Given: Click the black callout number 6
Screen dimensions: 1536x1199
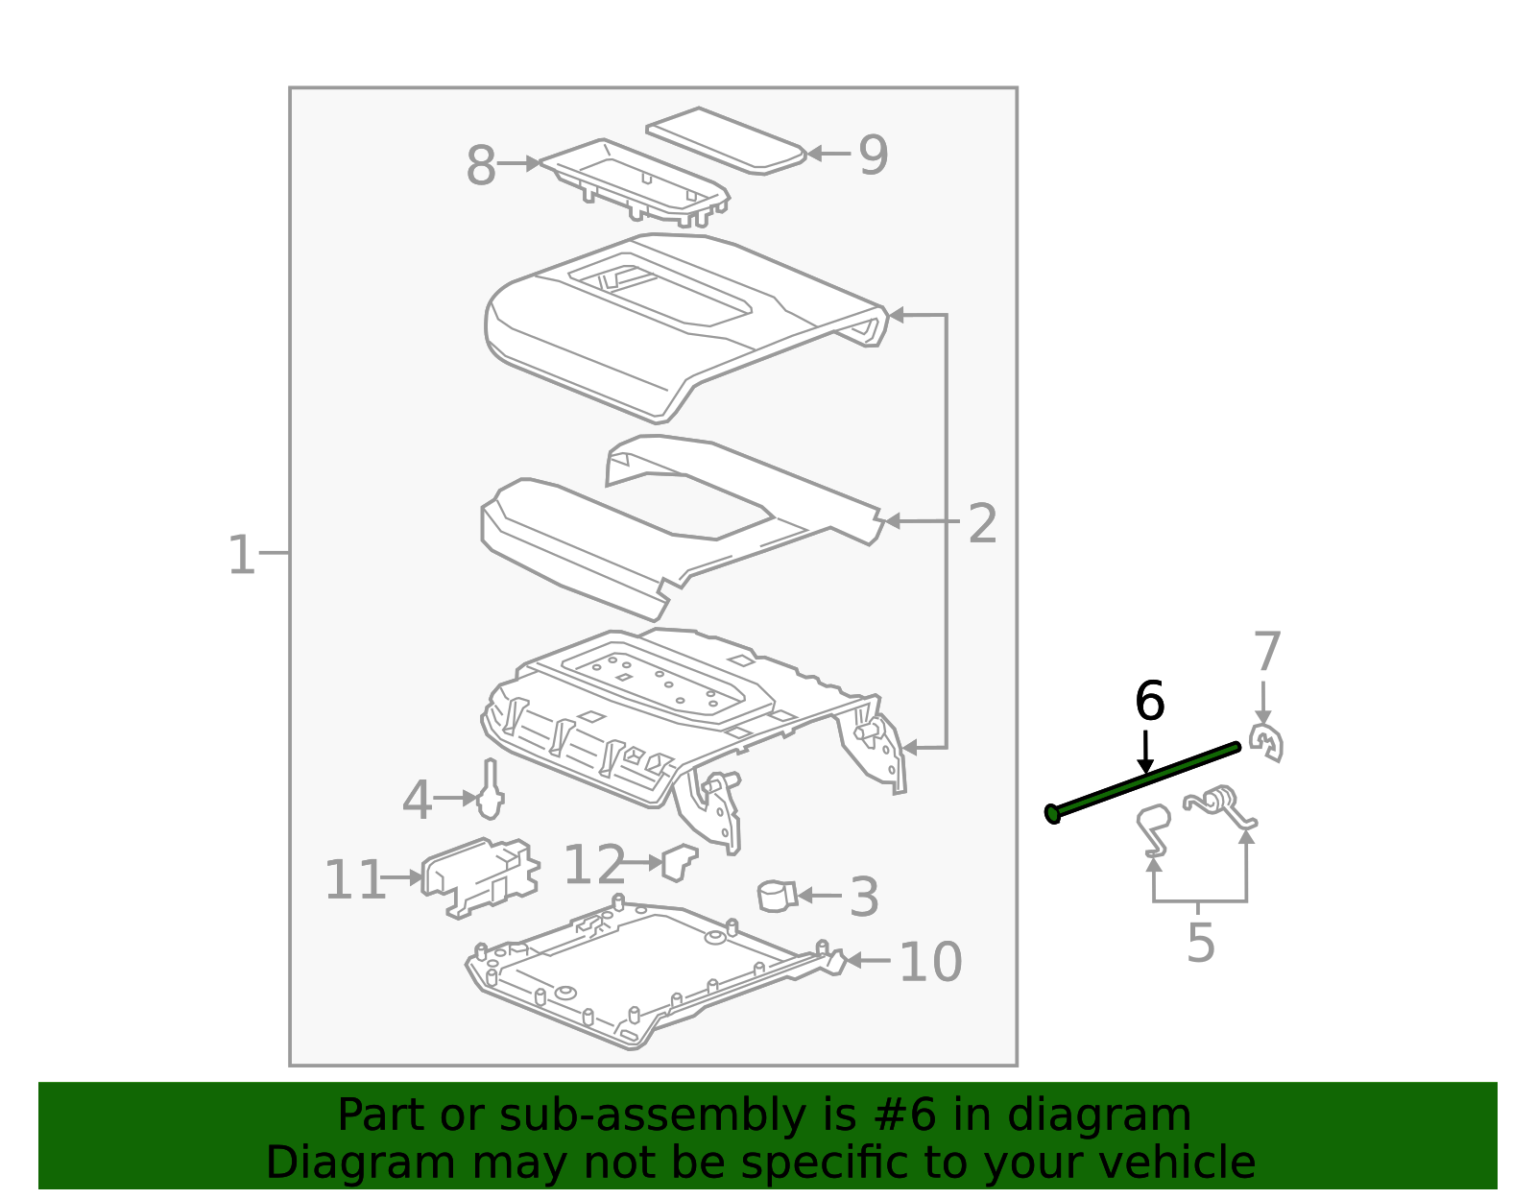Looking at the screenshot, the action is [x=1149, y=701].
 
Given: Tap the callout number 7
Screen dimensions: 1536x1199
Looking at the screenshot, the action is [x=1266, y=652].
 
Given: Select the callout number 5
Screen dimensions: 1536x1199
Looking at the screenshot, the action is [x=1201, y=942].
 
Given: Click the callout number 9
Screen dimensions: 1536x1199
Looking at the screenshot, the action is [x=873, y=155].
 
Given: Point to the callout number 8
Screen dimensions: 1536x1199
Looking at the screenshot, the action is [x=481, y=165].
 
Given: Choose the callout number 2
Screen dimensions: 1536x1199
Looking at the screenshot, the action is [x=982, y=523].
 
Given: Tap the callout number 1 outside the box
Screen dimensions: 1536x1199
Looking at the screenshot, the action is [x=241, y=555].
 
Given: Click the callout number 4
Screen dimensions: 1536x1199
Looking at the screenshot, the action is [x=417, y=800].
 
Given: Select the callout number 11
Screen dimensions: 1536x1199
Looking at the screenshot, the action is [x=355, y=879].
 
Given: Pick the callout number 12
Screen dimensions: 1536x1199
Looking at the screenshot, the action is [x=594, y=864].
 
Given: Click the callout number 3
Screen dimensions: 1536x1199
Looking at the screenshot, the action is [x=864, y=897].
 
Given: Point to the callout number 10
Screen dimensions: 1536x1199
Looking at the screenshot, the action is [x=930, y=962].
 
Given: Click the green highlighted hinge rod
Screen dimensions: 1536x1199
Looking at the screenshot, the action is [x=1142, y=782].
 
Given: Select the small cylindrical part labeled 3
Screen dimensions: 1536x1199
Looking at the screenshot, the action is [x=777, y=896].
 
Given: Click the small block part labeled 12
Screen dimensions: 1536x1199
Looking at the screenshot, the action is [x=680, y=861].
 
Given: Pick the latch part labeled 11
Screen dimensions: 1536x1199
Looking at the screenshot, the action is [x=481, y=876].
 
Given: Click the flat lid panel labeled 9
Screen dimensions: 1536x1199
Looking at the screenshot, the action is [x=726, y=141].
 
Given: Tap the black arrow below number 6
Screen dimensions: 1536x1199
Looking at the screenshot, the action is [x=1145, y=751].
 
